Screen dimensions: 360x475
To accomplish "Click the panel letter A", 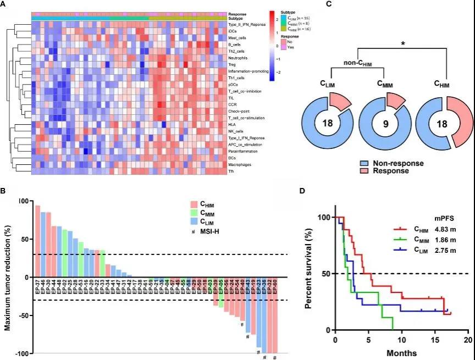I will [x=4, y=4].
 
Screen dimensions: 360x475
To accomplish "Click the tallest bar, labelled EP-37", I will [x=37, y=241].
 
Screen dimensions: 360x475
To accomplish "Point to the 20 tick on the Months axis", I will [x=468, y=340].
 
